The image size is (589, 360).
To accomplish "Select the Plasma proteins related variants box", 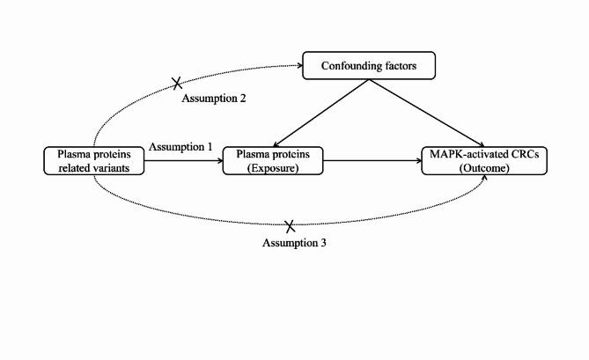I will click(93, 160).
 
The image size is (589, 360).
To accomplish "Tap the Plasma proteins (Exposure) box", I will click(272, 160).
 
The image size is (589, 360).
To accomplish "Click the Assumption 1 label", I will click(180, 146).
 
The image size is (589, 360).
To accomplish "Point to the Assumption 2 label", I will click(213, 98).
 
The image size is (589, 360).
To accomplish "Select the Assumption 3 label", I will click(295, 242).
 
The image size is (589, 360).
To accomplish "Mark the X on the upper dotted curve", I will click(177, 83).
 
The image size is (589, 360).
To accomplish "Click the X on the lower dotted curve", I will click(289, 226).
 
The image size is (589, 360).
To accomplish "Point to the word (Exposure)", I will click(272, 167).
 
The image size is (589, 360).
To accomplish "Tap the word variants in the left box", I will click(115, 167).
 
